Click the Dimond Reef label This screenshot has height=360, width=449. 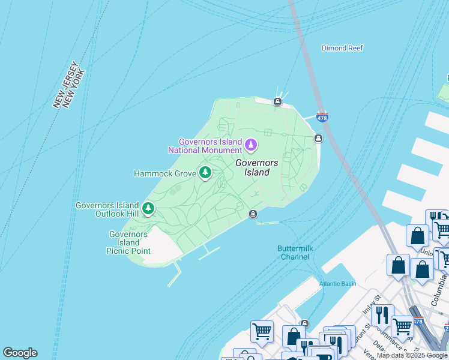342,48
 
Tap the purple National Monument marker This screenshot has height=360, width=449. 251,144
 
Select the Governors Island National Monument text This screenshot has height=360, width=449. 205,146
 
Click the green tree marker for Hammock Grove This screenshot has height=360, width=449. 205,173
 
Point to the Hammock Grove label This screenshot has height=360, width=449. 164,173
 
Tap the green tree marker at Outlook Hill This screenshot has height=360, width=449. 148,208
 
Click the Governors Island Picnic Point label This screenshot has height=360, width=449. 128,242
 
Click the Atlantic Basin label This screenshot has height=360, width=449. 337,284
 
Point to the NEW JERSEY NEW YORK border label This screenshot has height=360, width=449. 69,85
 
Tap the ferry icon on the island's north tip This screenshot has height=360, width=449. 277,102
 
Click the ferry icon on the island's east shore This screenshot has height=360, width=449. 318,139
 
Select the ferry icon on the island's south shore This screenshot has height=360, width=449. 253,214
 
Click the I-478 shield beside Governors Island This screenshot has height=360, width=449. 322,116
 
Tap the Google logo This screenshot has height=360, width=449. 20,353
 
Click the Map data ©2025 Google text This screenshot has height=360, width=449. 412,356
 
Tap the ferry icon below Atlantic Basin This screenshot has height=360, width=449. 304,324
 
